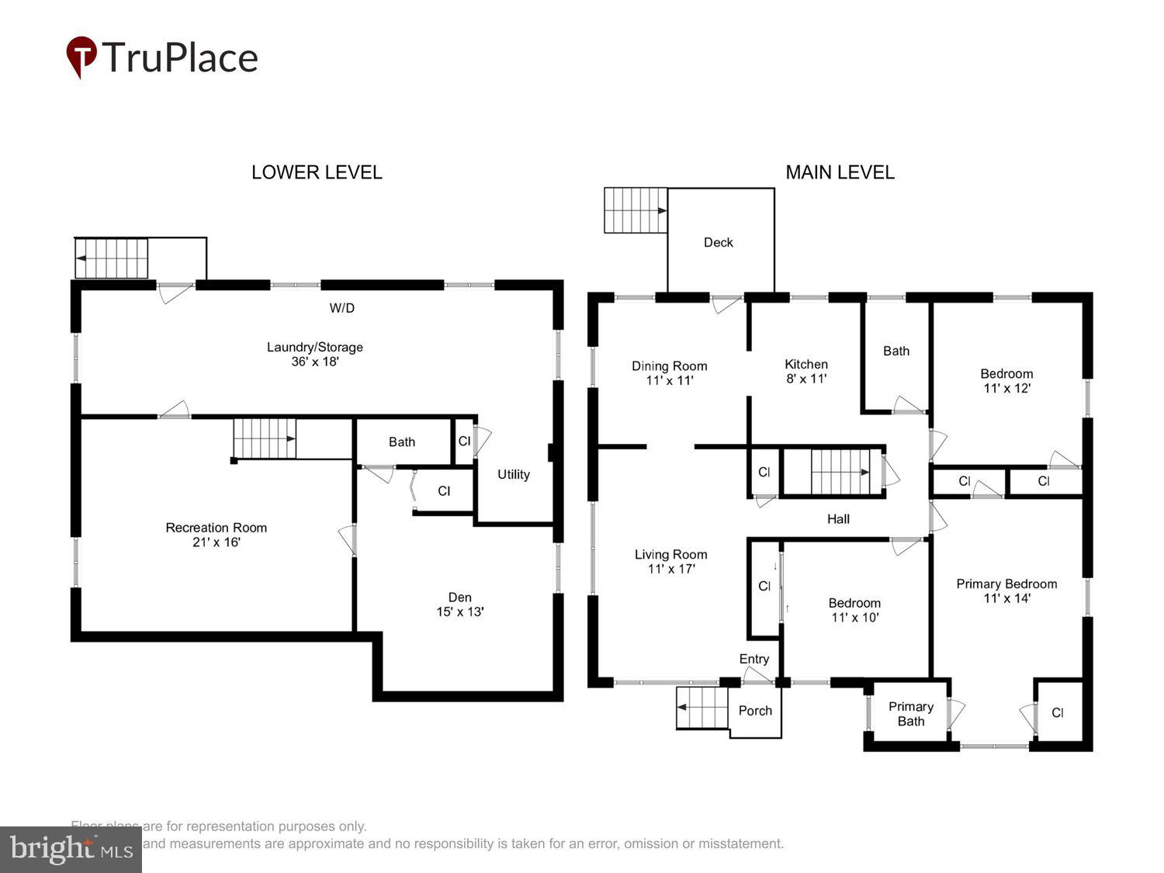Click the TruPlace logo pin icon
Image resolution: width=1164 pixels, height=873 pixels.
[81, 56]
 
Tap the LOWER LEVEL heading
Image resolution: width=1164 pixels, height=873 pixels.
[317, 172]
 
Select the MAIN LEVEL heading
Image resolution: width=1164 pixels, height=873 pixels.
[840, 172]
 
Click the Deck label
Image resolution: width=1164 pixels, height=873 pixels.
[718, 242]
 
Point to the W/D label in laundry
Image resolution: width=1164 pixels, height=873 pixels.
[341, 308]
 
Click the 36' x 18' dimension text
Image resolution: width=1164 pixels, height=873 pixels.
[315, 362]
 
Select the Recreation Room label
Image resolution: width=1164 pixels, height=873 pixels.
[216, 528]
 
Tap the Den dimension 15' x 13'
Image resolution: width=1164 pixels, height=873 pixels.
[460, 611]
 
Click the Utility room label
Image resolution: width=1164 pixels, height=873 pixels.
[513, 474]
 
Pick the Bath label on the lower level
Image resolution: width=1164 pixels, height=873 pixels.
[401, 442]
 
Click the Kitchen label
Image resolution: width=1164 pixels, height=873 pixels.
[806, 364]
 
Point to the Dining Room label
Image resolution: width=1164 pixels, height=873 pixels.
[669, 366]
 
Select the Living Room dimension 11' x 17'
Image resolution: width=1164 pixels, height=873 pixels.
[671, 569]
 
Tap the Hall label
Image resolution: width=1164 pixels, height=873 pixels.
[838, 519]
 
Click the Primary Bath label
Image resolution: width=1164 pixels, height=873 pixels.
[910, 714]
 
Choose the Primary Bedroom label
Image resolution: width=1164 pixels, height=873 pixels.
[1006, 584]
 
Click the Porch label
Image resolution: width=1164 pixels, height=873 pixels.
[755, 711]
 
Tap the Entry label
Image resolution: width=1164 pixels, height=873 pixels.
[753, 659]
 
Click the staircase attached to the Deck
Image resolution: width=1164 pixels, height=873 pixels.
[636, 210]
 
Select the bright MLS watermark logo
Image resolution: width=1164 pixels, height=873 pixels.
[71, 850]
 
